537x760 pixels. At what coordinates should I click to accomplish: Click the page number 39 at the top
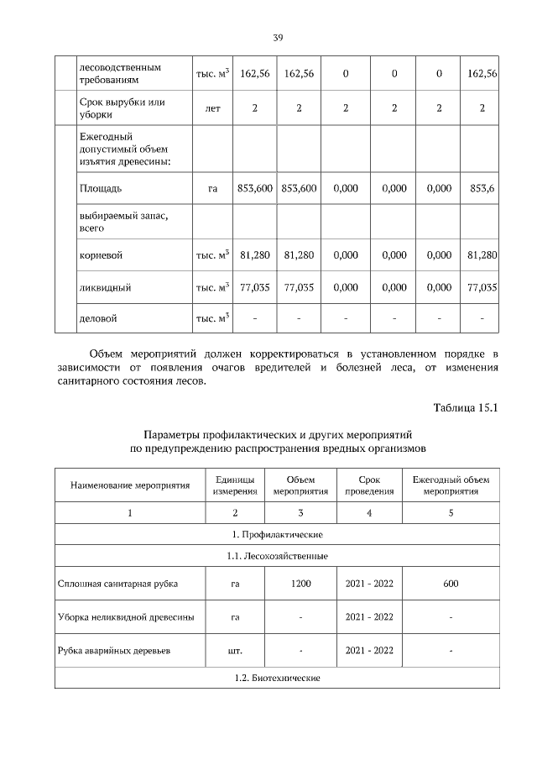point(278,37)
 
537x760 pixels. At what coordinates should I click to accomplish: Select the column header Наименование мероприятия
point(129,485)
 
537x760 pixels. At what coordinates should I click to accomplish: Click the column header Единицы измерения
point(235,485)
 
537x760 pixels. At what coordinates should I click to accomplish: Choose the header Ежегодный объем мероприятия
point(451,485)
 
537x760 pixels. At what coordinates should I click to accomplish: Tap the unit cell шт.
point(235,651)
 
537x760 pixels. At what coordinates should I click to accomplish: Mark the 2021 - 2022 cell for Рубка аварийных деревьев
point(369,651)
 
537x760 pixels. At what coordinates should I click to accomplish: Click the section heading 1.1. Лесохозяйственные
point(277,556)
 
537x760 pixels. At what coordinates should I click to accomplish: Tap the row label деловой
point(97,319)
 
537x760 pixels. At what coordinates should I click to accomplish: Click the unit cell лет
point(212,108)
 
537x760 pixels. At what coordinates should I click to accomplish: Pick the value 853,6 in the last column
point(482,189)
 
